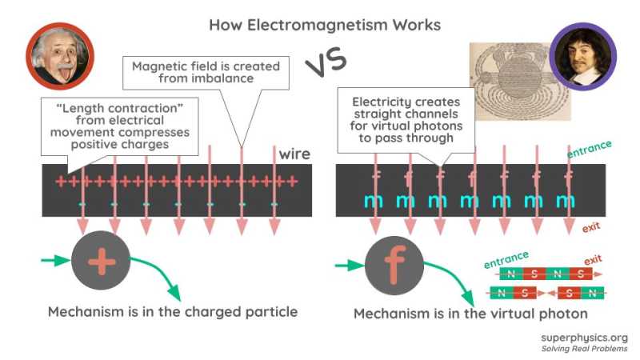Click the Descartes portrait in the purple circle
point(583,55)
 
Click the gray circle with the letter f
point(394,265)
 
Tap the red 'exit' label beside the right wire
point(591,228)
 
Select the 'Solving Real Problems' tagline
point(584,349)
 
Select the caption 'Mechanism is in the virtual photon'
point(471,314)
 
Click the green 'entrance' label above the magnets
point(506,258)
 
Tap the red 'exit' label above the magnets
point(593,260)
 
